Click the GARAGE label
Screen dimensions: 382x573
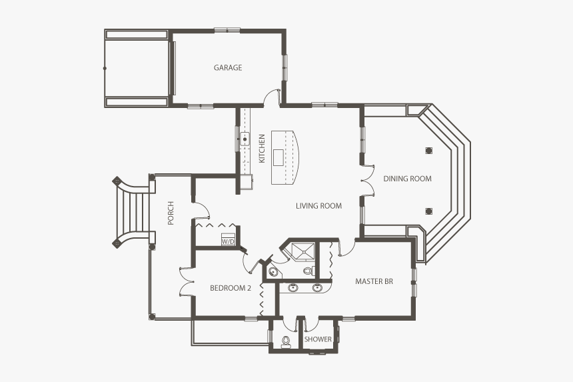[x=228, y=67]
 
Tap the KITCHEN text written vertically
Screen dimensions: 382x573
[x=262, y=149]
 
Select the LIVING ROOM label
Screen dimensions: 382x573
[x=318, y=206]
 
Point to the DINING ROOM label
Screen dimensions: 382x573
[x=407, y=179]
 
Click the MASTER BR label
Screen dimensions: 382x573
[x=374, y=281]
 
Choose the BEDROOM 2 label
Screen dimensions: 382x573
[x=230, y=288]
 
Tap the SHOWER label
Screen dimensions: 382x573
[x=318, y=339]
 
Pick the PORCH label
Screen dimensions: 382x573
[x=171, y=213]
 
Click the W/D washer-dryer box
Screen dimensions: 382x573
[x=228, y=240]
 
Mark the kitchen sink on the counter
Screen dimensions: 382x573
[x=245, y=140]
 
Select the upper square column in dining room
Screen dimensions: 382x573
[x=427, y=149]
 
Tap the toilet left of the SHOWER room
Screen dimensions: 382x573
[x=286, y=341]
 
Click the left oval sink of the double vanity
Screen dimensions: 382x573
[x=293, y=288]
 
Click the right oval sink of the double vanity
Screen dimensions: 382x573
[x=317, y=288]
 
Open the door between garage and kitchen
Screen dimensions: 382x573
[x=271, y=98]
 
